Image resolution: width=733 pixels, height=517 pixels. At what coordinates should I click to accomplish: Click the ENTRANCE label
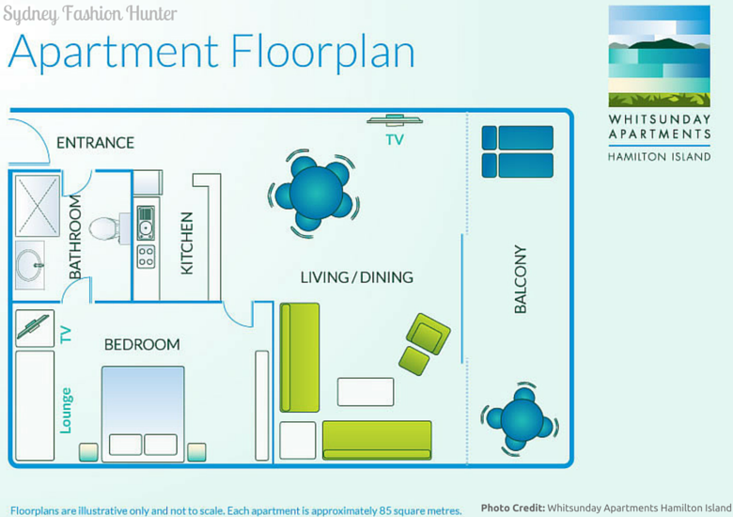pyautogui.click(x=95, y=143)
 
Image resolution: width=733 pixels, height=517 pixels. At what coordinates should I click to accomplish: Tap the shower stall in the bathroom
pyautogui.click(x=38, y=206)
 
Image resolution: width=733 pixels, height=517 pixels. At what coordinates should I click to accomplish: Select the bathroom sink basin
pyautogui.click(x=29, y=265)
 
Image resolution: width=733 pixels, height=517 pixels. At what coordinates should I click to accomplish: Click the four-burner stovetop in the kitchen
pyautogui.click(x=146, y=257)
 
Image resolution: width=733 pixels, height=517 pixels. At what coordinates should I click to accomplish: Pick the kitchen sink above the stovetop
pyautogui.click(x=146, y=223)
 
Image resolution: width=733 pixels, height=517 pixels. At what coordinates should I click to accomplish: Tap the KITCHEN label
pyautogui.click(x=186, y=243)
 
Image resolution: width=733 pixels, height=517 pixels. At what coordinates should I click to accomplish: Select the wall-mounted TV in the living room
pyautogui.click(x=395, y=120)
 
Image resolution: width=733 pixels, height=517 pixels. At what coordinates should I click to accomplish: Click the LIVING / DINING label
pyautogui.click(x=357, y=277)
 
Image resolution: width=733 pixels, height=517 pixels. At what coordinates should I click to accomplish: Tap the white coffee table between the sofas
pyautogui.click(x=366, y=392)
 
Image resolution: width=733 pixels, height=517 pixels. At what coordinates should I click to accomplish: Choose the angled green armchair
pyautogui.click(x=429, y=334)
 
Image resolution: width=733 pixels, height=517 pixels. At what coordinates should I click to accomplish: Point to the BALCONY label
pyautogui.click(x=521, y=279)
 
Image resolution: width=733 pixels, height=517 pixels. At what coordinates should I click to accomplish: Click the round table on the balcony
pyautogui.click(x=521, y=419)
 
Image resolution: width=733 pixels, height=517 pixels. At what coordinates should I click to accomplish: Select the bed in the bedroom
pyautogui.click(x=143, y=415)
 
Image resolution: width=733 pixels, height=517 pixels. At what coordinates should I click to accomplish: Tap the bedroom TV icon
pyautogui.click(x=35, y=328)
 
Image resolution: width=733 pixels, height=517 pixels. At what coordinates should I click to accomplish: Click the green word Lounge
pyautogui.click(x=66, y=411)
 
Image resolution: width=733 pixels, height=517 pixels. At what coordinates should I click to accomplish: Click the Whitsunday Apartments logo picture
pyautogui.click(x=659, y=56)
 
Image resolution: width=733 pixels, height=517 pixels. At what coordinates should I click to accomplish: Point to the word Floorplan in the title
pyautogui.click(x=322, y=52)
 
